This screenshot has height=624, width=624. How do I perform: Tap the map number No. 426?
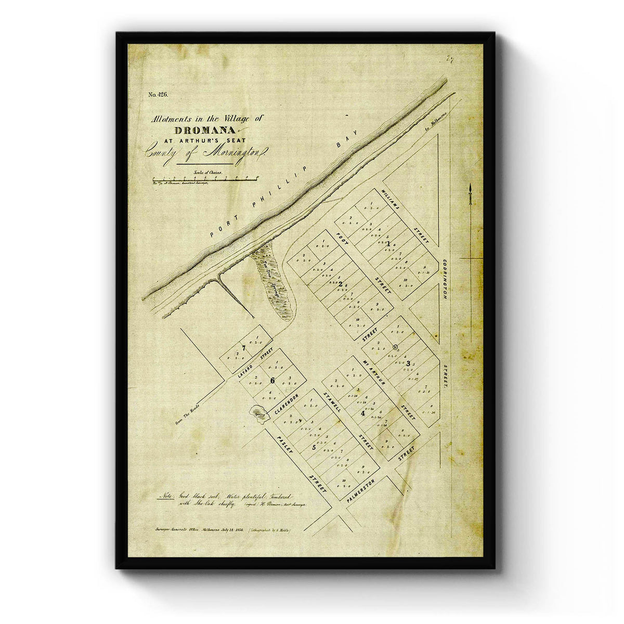tap(158, 95)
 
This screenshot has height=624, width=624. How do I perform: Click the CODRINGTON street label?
tap(445, 279)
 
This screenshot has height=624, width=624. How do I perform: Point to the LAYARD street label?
tap(244, 369)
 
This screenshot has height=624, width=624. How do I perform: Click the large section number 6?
tap(272, 380)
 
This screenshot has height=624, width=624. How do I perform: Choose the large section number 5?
tap(314, 447)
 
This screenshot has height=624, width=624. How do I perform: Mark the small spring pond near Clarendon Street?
tap(258, 415)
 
